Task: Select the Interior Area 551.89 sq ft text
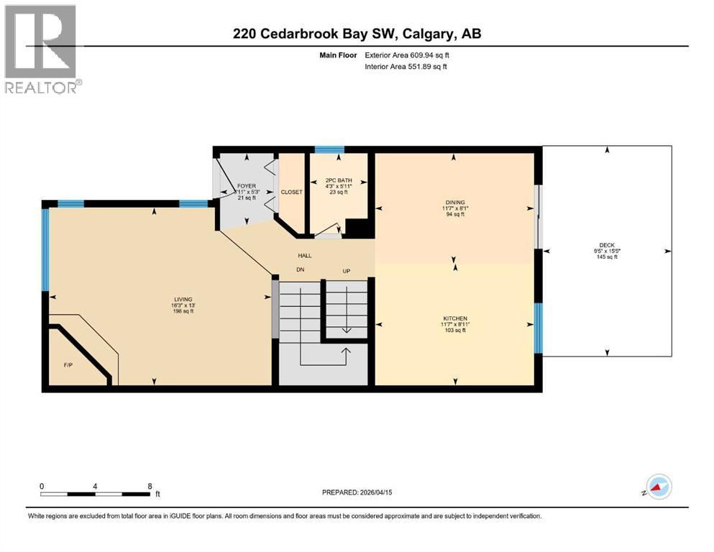point(413,66)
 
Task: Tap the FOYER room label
point(247,186)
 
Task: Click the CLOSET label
point(292,192)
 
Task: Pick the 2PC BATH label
point(337,180)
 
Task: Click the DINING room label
point(454,202)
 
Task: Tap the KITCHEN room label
point(455,318)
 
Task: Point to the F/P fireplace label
point(69,364)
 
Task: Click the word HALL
point(305,255)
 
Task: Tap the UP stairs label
point(346,271)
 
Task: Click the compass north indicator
point(659,488)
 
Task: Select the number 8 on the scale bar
point(149,486)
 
